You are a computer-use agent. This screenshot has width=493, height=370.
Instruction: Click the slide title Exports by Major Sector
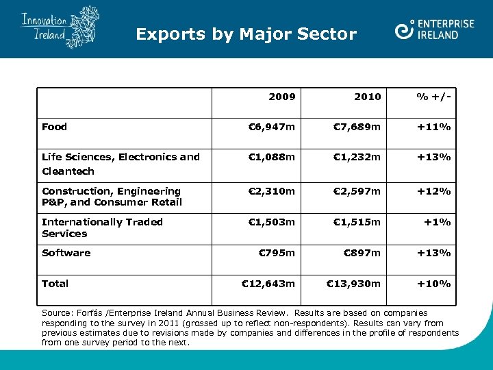pos(246,34)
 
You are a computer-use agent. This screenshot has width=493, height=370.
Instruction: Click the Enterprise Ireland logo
pos(435,29)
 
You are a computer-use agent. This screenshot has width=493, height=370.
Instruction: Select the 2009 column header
pos(281,97)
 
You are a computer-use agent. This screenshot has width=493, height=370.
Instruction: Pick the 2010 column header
pos(368,97)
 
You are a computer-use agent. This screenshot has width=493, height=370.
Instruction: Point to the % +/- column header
pos(435,97)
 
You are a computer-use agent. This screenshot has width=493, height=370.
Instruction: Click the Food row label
pos(55,127)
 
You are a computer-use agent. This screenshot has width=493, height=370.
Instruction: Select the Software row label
pos(66,253)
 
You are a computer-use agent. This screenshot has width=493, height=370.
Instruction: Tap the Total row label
pos(55,284)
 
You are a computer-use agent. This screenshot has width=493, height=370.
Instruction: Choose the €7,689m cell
pos(357,127)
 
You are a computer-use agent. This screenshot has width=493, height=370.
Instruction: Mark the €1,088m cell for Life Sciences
pos(271,157)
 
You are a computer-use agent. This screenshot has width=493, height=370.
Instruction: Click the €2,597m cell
pos(357,191)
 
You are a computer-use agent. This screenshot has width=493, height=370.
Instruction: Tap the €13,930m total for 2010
pos(354,284)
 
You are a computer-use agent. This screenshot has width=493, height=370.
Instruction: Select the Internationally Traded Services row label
pos(102,227)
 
